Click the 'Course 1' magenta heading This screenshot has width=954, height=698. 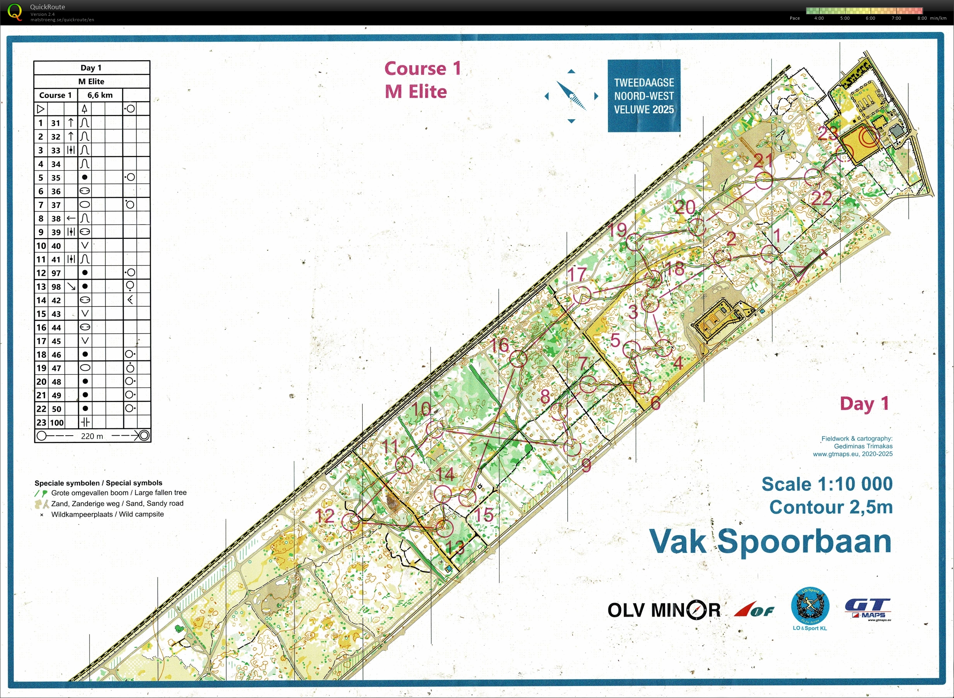(422, 68)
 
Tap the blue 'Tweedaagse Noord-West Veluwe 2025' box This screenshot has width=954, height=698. (643, 96)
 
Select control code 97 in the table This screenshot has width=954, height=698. (56, 273)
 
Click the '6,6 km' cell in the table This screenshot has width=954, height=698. (100, 95)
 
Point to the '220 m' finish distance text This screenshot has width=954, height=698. (92, 436)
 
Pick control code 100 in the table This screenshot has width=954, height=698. (57, 423)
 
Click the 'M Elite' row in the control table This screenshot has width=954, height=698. (91, 81)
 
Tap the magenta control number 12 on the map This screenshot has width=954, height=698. (325, 515)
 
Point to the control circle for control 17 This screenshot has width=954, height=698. (582, 295)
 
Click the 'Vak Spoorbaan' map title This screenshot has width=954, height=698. (771, 541)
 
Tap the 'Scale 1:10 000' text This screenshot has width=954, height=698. (827, 484)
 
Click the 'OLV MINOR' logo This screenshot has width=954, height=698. (664, 610)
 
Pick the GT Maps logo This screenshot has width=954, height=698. (868, 609)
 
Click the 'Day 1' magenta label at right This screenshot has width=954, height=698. (864, 404)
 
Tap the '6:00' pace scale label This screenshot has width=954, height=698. (870, 18)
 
